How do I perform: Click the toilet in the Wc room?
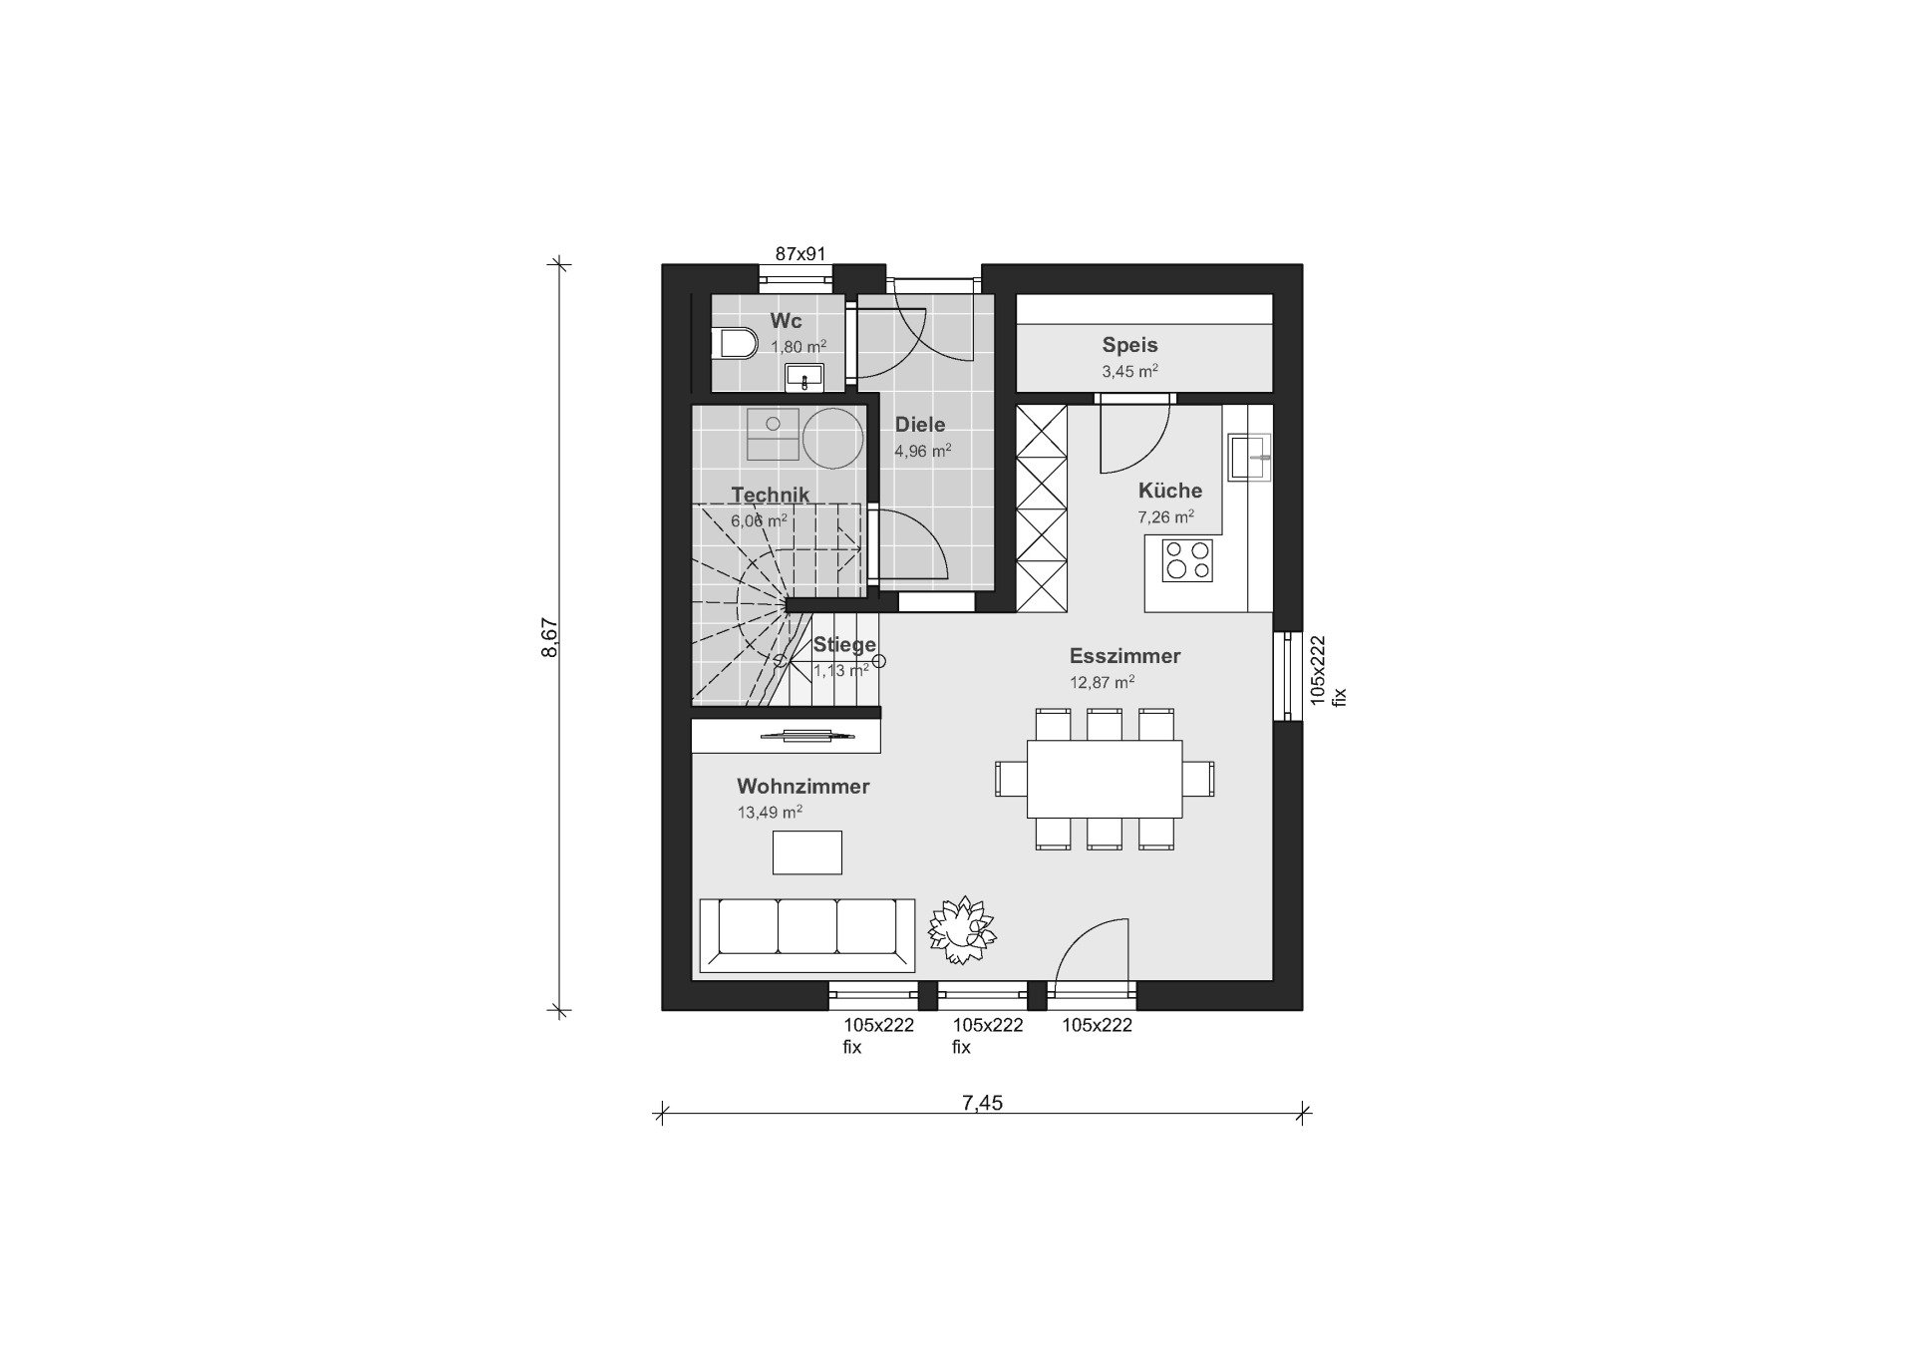pyautogui.click(x=735, y=344)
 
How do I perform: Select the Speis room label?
pyautogui.click(x=1129, y=345)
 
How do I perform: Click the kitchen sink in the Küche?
pyautogui.click(x=1250, y=456)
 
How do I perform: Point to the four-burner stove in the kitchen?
pyautogui.click(x=1187, y=559)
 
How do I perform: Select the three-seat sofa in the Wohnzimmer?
pyautogui.click(x=806, y=934)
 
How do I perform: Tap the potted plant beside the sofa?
pyautogui.click(x=962, y=929)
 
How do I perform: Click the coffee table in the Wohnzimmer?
pyautogui.click(x=807, y=852)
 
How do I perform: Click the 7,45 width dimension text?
pyautogui.click(x=982, y=1102)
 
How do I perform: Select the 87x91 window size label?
pyautogui.click(x=801, y=254)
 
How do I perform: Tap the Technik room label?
pyautogui.click(x=770, y=495)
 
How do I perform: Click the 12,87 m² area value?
pyautogui.click(x=1103, y=682)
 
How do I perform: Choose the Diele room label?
pyautogui.click(x=920, y=425)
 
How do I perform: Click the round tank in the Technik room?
pyautogui.click(x=833, y=439)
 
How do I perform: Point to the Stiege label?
pyautogui.click(x=844, y=644)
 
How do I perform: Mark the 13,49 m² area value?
pyautogui.click(x=770, y=812)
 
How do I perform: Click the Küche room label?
pyautogui.click(x=1170, y=491)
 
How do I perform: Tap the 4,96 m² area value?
pyautogui.click(x=923, y=451)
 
